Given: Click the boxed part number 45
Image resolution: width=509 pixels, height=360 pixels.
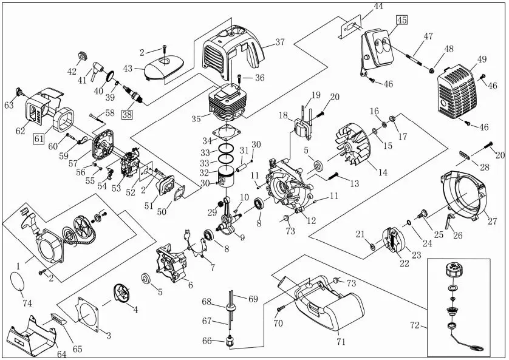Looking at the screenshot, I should [401, 19].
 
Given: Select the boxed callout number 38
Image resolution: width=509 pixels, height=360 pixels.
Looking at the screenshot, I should [127, 112].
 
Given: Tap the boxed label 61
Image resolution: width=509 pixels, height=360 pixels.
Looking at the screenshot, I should [39, 139].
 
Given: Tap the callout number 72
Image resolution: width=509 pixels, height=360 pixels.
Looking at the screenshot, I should [414, 326].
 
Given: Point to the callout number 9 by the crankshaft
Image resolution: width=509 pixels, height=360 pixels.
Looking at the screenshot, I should [242, 237].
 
